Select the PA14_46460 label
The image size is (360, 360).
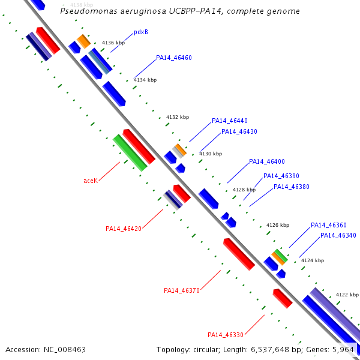click(174, 58)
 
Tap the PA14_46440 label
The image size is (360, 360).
click(230, 121)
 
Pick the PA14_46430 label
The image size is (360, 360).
click(239, 131)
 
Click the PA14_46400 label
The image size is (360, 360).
click(267, 161)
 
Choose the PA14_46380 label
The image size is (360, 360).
click(292, 187)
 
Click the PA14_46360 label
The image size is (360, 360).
click(329, 225)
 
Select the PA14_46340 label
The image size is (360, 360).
click(338, 235)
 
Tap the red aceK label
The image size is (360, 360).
click(91, 181)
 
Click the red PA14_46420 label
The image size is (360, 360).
click(124, 229)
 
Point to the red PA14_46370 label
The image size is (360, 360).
click(182, 290)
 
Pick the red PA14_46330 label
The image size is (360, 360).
click(226, 335)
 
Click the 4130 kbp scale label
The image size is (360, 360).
click(210, 154)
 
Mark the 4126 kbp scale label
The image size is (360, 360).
click(278, 225)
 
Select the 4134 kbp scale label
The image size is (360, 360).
click(145, 80)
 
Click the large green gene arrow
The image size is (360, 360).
click(130, 152)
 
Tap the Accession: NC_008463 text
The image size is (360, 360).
click(46, 349)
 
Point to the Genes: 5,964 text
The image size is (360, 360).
click(338, 349)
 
